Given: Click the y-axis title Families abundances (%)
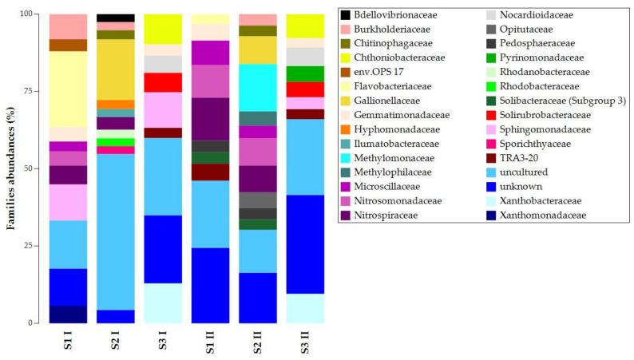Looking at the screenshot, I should (13, 168).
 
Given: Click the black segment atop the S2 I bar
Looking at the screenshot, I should (115, 18).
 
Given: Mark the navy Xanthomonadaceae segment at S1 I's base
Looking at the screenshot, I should (69, 315).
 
